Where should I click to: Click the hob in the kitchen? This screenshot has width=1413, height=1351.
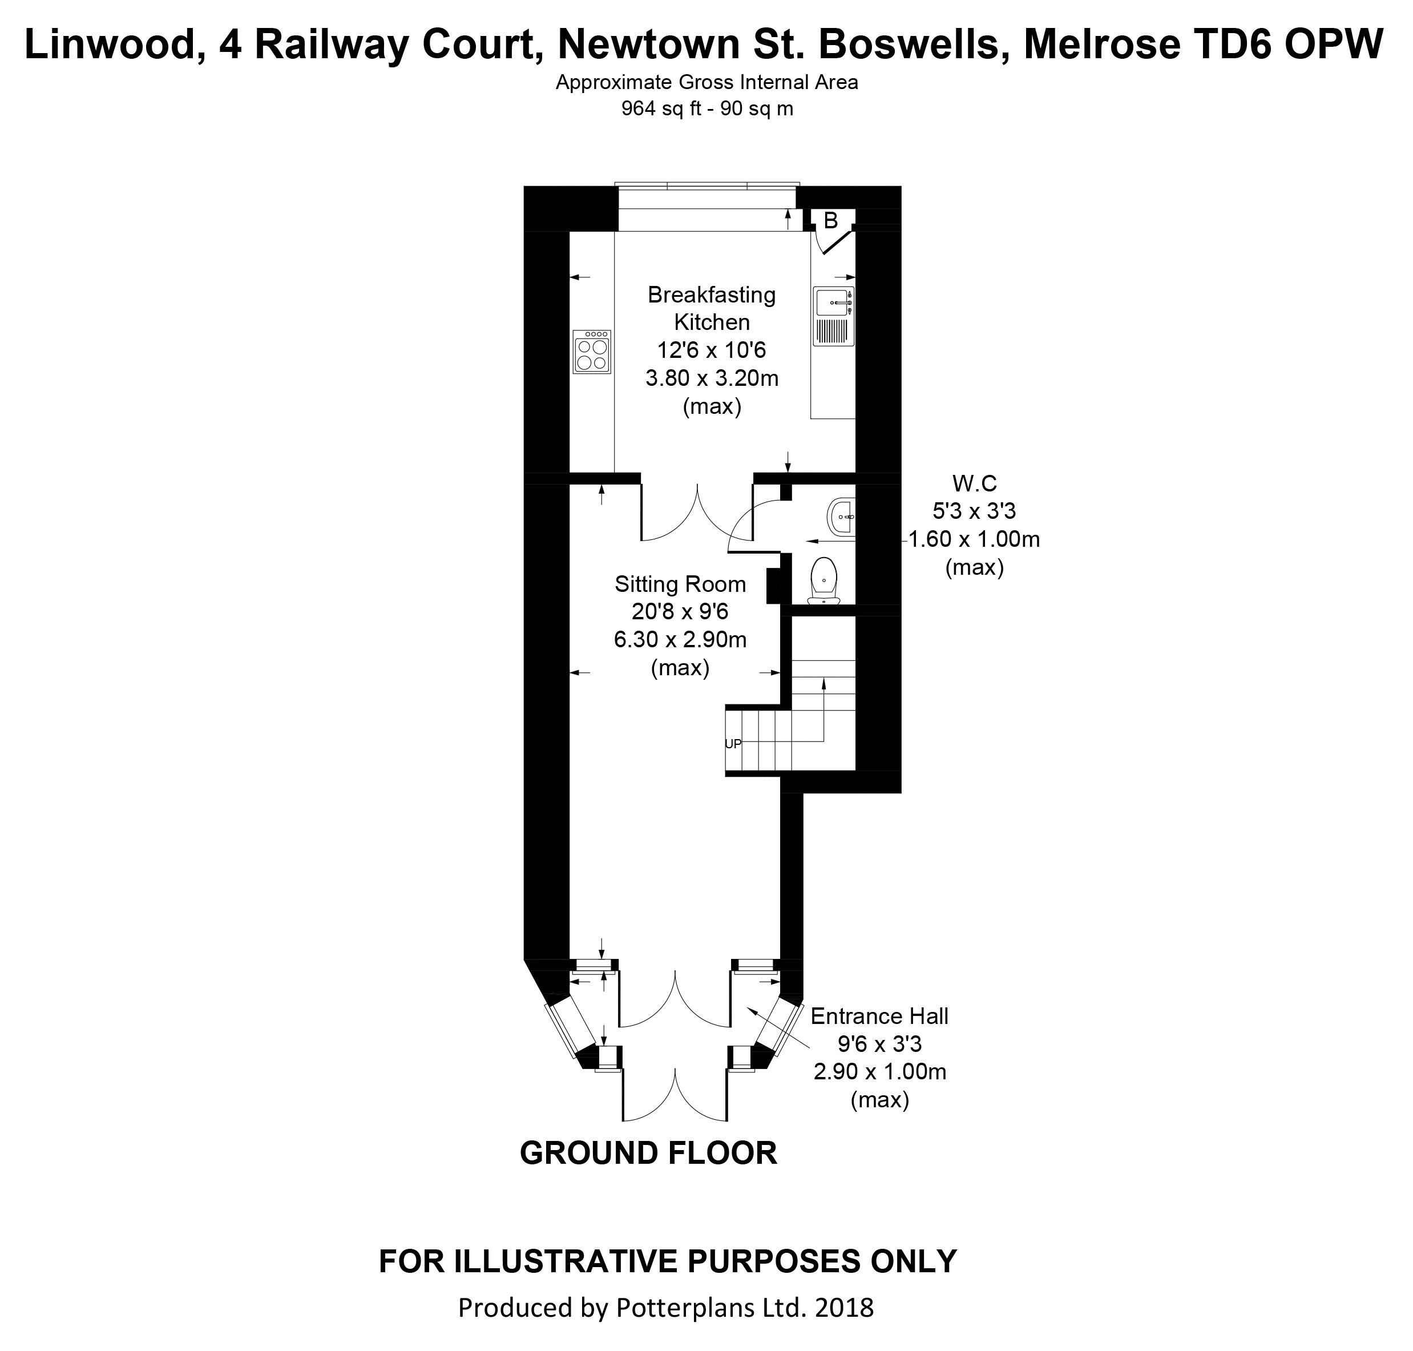(591, 352)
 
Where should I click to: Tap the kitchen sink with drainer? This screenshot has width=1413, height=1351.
(833, 316)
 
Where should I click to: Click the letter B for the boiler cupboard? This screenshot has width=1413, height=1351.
(830, 221)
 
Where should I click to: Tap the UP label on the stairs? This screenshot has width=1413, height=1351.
(732, 744)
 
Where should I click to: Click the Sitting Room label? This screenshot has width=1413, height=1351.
(680, 583)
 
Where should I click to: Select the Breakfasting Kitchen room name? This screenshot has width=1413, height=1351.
(712, 308)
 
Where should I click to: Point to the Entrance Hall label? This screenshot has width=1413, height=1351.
(879, 1015)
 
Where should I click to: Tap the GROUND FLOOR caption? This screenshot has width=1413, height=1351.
(648, 1153)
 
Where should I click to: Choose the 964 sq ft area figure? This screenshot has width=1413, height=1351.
(656, 109)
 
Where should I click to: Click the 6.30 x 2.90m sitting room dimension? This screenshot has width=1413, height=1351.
(680, 639)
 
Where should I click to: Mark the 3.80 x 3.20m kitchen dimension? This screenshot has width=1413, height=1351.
(712, 378)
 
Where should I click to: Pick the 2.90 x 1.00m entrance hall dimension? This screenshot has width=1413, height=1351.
(879, 1071)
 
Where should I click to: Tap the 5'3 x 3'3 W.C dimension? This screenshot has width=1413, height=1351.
(974, 511)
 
